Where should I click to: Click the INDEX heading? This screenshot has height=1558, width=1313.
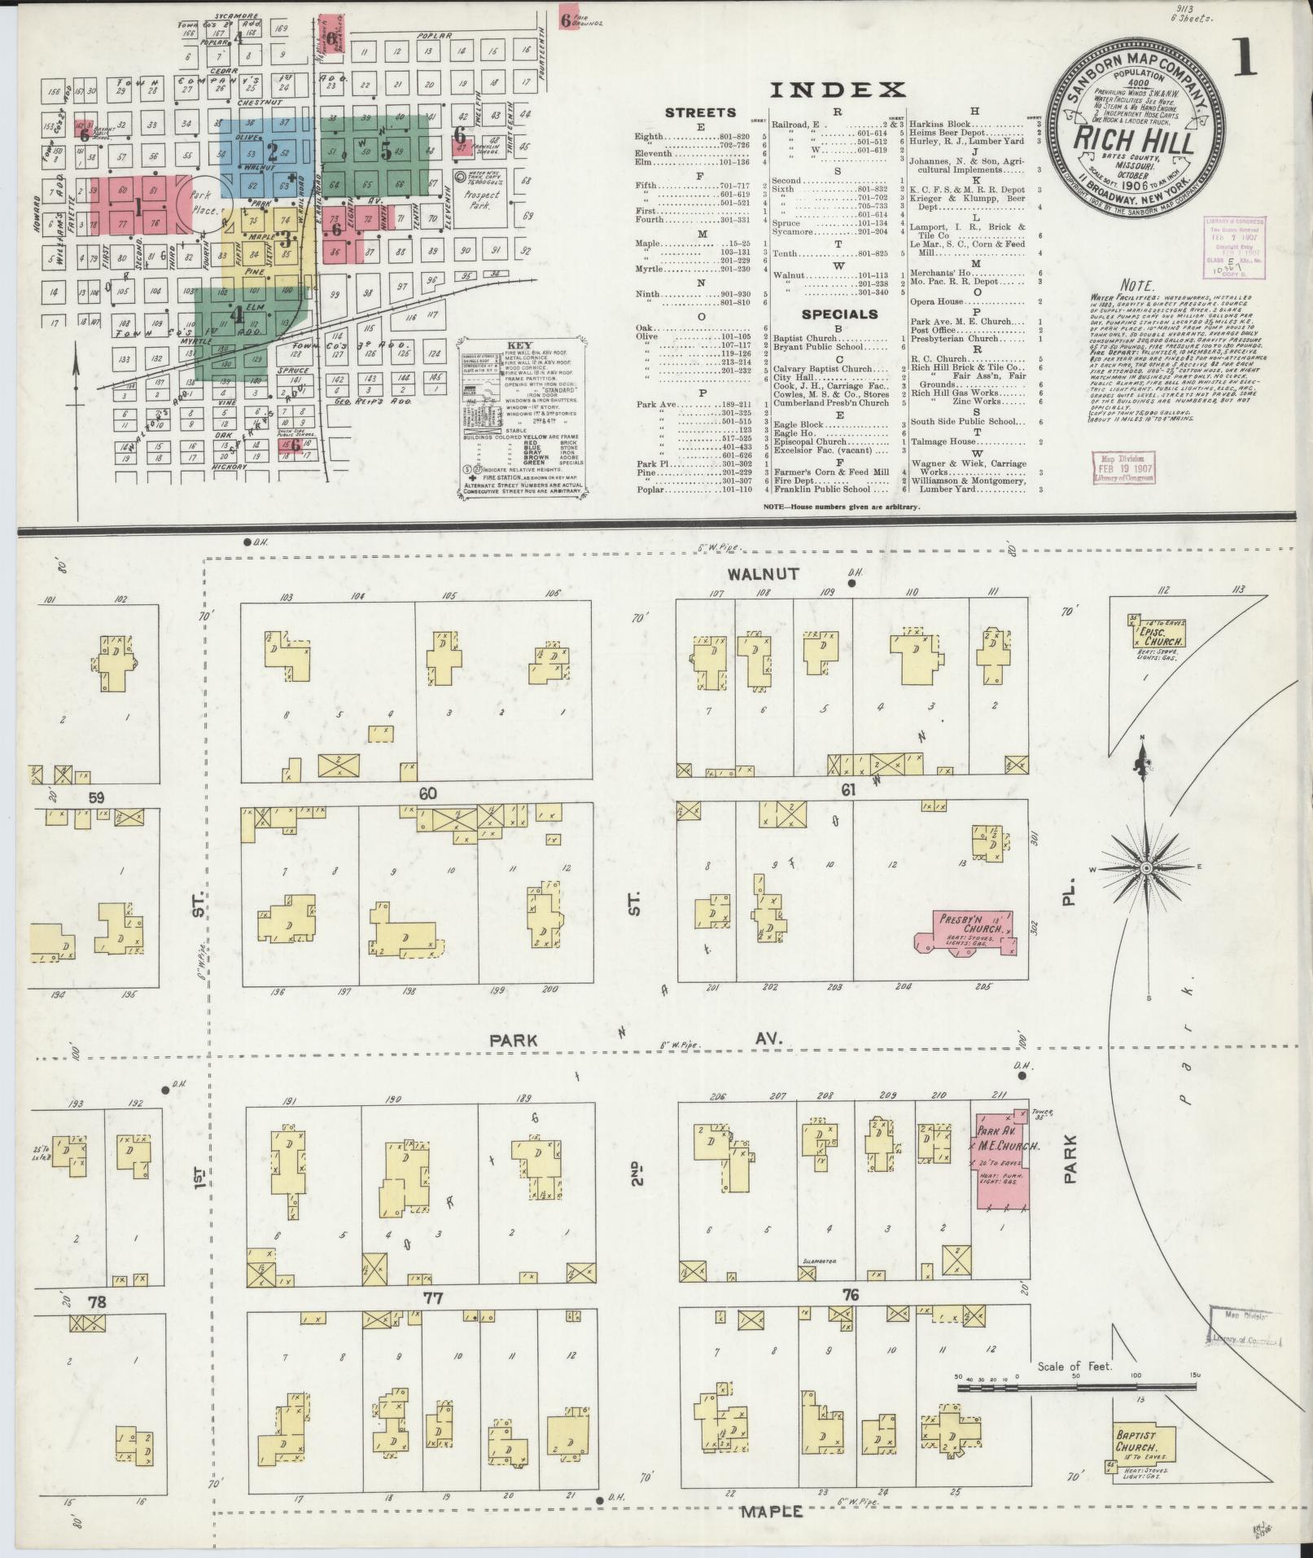click(838, 90)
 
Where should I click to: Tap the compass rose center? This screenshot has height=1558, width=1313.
click(1146, 869)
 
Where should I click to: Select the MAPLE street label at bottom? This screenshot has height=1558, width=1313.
click(772, 1512)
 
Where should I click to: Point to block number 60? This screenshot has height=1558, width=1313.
click(428, 792)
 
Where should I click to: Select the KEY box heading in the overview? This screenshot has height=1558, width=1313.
click(519, 346)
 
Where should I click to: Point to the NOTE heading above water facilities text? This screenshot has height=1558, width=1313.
click(1136, 286)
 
